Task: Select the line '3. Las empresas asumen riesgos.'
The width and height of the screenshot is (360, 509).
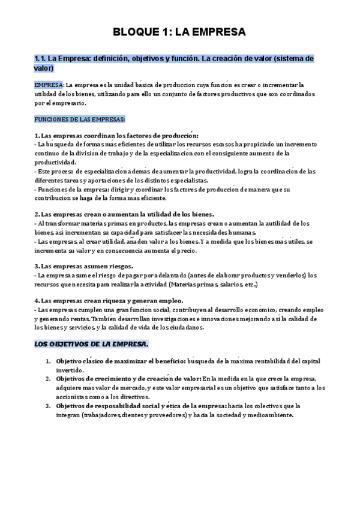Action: click(x=84, y=266)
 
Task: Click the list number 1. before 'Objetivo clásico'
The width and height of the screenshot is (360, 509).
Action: click(x=49, y=361)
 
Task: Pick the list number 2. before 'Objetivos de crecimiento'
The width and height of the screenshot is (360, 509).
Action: click(x=49, y=379)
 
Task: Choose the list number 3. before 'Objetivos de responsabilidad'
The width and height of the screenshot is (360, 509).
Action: click(x=49, y=405)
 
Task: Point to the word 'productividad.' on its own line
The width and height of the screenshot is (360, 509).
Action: click(x=55, y=162)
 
